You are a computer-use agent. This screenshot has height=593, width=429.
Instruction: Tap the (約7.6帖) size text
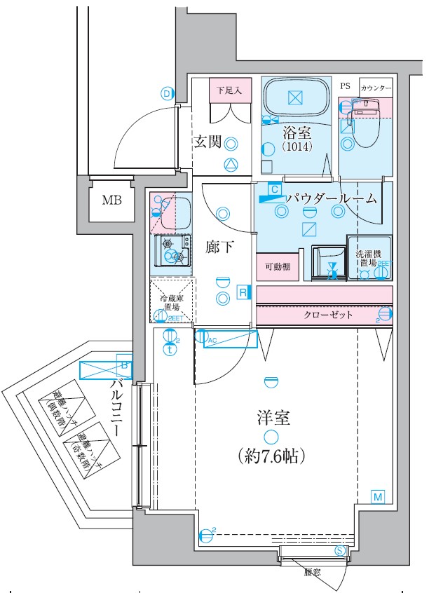point(270,456)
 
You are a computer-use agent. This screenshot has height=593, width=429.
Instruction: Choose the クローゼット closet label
point(328,315)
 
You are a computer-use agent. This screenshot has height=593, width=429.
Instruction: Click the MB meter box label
point(111,200)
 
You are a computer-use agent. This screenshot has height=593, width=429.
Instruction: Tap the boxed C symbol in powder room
point(275,189)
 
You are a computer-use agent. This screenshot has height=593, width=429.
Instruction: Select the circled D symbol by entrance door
point(167,93)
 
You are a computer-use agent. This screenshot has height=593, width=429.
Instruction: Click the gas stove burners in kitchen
point(174,250)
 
